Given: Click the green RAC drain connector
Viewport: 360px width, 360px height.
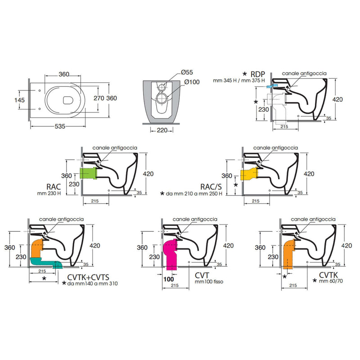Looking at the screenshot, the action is [88, 173].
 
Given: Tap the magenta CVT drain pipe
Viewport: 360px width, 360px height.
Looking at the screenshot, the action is [171, 254].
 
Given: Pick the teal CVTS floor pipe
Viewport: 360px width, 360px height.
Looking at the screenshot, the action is [46, 262].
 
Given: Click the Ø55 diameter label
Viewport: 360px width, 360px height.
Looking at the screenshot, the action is [187, 72].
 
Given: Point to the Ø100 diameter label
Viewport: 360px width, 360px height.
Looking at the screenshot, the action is [192, 82].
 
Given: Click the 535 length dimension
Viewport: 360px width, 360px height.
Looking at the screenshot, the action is [60, 126].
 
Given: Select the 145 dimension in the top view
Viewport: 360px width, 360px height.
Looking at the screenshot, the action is [19, 100].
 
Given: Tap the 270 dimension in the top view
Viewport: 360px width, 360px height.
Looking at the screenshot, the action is [99, 98].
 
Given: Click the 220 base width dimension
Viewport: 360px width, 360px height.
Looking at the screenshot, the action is [162, 130].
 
